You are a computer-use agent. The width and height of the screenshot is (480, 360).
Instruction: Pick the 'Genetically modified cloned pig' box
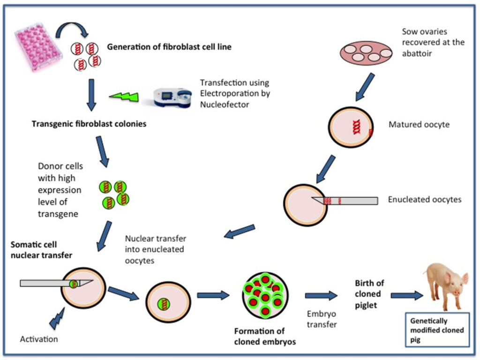(x=437, y=330)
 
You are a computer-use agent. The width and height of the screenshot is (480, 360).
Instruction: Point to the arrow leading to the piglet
(x=406, y=295)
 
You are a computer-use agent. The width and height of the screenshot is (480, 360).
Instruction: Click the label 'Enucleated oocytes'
(x=424, y=200)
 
